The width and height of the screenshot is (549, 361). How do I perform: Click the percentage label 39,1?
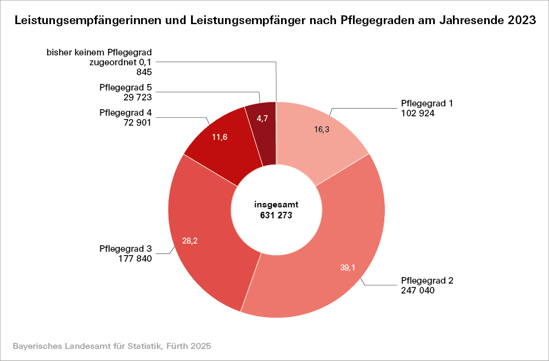(x=348, y=267)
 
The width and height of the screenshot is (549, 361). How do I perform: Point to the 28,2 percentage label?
(x=190, y=240)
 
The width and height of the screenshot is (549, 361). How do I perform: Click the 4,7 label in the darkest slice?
(x=262, y=119)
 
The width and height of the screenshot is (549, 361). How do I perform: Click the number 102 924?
(x=418, y=114)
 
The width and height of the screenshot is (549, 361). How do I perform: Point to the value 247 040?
(x=418, y=290)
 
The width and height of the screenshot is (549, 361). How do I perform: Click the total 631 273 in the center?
(x=276, y=216)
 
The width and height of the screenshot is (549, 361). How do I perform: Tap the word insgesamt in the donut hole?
(x=276, y=205)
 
